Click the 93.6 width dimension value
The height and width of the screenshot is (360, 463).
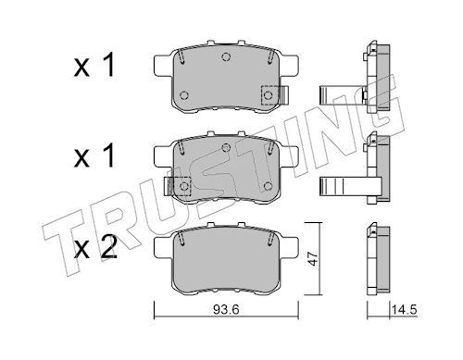226,309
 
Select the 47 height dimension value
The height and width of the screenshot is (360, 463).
313,258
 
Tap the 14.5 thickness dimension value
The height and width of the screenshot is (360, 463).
404,309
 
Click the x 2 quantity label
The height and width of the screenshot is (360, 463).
95,247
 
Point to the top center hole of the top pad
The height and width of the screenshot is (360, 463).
226,56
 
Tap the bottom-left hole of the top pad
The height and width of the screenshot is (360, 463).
184,95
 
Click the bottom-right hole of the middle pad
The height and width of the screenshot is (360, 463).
269,186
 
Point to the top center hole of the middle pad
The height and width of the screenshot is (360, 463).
226,148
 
